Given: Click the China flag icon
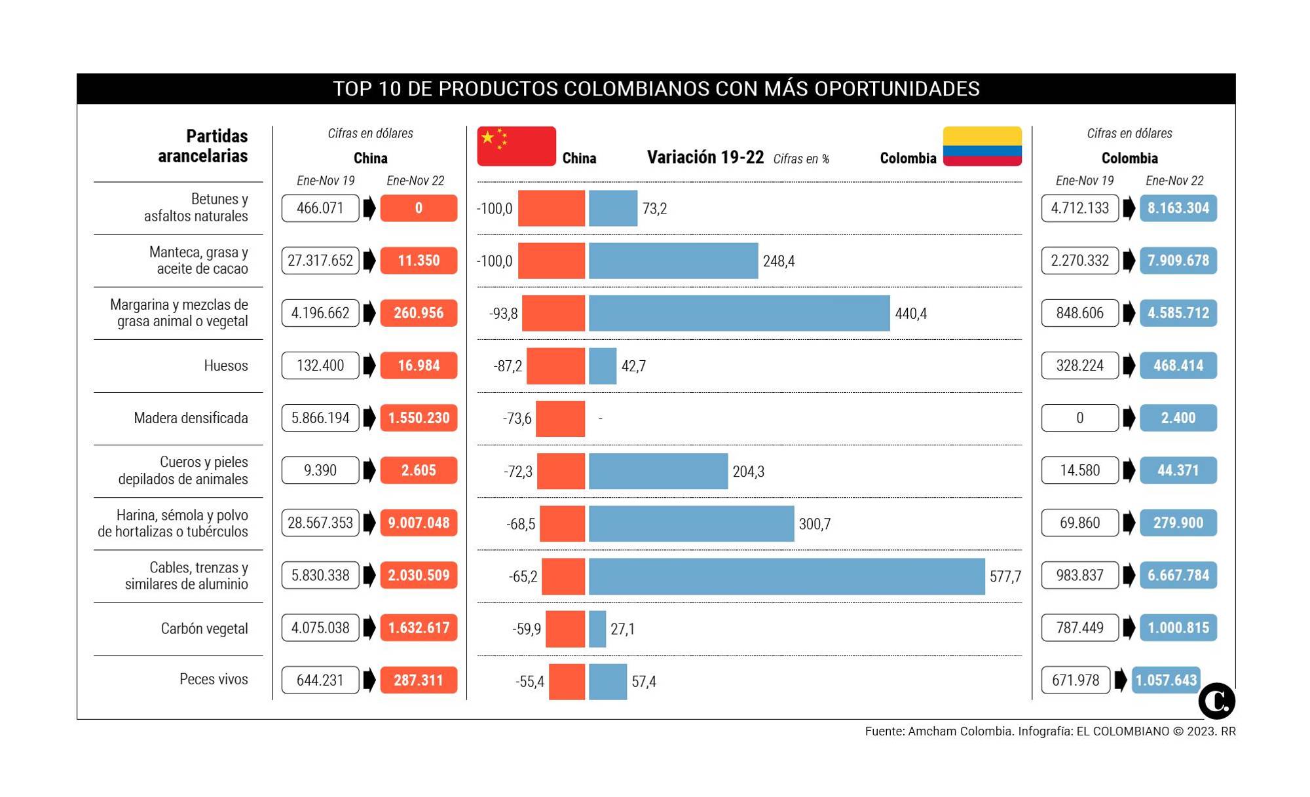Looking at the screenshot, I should click(x=516, y=145).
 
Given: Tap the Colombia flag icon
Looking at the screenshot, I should click(x=982, y=145).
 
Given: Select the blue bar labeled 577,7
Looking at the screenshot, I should click(x=786, y=576).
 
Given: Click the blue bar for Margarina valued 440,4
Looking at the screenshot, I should click(x=739, y=313).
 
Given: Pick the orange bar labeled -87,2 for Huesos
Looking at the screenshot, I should click(x=555, y=365).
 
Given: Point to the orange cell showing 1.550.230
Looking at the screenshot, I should click(x=419, y=418).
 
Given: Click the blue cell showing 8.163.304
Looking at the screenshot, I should click(x=1178, y=208).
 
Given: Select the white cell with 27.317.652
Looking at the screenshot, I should click(x=320, y=261).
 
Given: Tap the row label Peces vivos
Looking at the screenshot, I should click(x=214, y=679).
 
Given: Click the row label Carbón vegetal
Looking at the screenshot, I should click(x=204, y=629).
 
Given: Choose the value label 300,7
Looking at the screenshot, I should click(x=814, y=524).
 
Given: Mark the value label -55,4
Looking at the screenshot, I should click(x=529, y=682).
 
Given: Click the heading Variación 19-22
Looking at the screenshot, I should click(x=705, y=157).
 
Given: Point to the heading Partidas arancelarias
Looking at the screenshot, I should click(x=203, y=145).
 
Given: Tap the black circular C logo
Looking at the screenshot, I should click(x=1216, y=701).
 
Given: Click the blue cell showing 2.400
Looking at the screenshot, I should click(x=1178, y=418).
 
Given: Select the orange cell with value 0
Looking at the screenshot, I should click(x=419, y=208).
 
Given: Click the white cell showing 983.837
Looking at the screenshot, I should click(x=1079, y=575).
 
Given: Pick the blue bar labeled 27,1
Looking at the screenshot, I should click(x=597, y=629).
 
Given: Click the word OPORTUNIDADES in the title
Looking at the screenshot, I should click(x=897, y=88).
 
